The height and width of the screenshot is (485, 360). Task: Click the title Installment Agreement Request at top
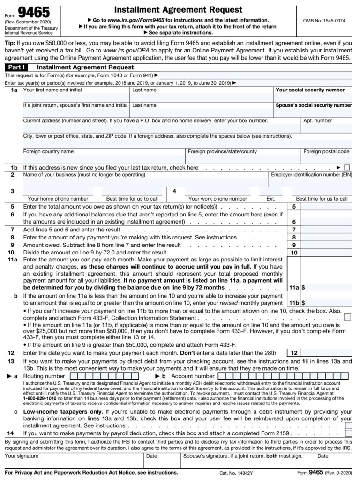point(178,9)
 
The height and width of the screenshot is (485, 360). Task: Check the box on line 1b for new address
point(347,167)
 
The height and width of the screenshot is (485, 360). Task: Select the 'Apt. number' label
point(317,121)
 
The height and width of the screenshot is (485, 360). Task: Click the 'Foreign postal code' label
point(326,152)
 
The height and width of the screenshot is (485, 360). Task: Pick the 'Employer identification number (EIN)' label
point(311,175)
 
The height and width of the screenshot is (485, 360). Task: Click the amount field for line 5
point(326,206)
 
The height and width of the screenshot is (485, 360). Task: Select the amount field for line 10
point(326,253)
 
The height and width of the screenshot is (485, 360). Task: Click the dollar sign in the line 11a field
point(303,288)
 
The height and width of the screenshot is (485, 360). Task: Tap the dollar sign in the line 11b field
point(303,303)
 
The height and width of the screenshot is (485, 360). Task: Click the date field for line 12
point(326,353)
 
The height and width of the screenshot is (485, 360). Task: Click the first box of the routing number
point(80,376)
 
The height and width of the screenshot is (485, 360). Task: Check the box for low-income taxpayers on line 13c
point(348,425)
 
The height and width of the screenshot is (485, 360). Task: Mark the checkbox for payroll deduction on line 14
point(348,434)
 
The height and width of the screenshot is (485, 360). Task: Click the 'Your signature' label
point(22,456)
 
